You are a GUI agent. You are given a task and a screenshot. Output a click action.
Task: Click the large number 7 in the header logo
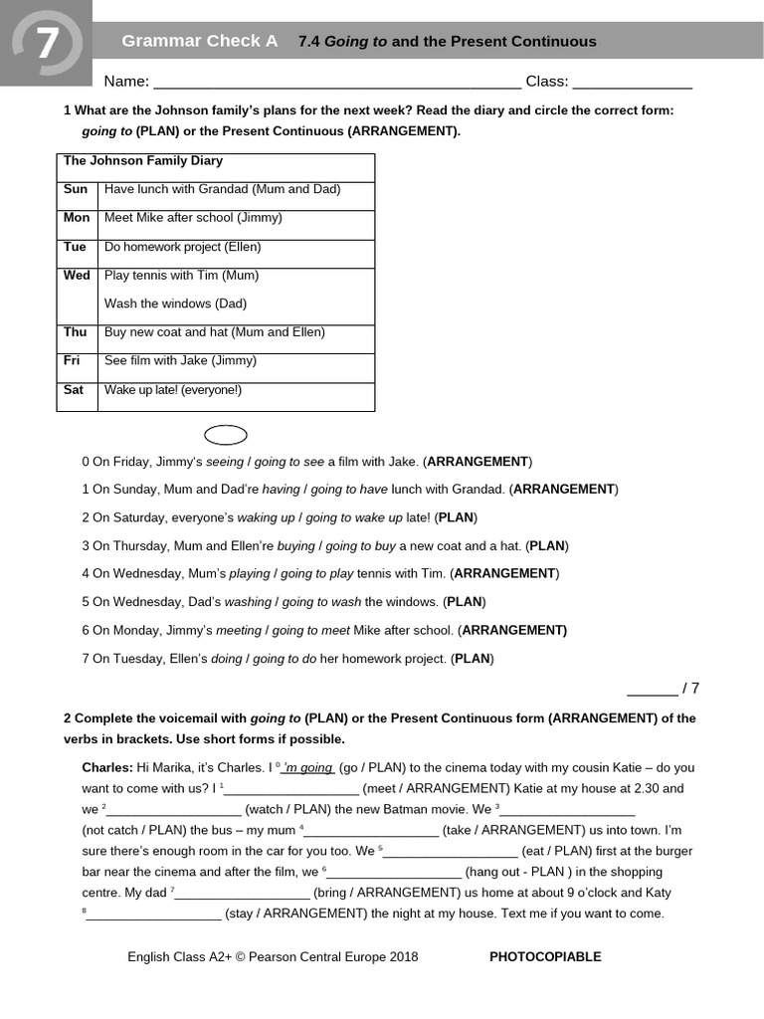[x=47, y=45]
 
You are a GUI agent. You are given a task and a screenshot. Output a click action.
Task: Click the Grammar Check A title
[x=199, y=41]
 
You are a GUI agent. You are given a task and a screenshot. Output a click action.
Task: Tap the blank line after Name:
[x=337, y=84]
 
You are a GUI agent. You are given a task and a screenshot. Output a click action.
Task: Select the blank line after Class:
[x=633, y=84]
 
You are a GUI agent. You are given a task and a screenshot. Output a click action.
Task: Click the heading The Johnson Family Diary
[x=143, y=160]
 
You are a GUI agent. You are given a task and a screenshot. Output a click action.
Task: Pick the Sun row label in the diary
[x=76, y=189]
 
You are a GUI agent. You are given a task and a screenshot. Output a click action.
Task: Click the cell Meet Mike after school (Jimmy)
[x=193, y=217]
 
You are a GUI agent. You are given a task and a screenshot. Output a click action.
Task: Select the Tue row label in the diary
[x=75, y=247]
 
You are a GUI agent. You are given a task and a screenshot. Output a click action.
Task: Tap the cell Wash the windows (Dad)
[x=175, y=304]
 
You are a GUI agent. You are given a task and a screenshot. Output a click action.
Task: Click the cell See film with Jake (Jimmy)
[x=180, y=360]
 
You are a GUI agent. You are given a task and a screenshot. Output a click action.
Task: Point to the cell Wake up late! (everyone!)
[x=173, y=390]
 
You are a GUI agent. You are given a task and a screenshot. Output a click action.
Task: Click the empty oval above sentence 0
[x=226, y=435]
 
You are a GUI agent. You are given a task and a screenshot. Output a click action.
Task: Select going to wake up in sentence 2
[x=354, y=517]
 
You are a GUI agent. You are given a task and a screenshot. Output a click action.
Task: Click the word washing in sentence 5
[x=248, y=602]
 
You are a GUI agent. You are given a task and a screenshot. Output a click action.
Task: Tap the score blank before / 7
[x=652, y=689]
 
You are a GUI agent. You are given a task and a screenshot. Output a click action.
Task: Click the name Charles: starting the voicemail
[x=106, y=767]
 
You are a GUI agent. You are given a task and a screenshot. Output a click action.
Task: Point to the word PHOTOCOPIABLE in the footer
[x=545, y=957]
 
